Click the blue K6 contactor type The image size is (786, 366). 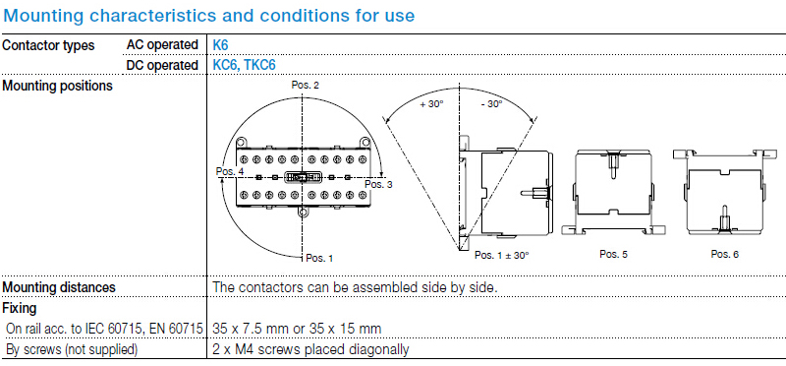click(220, 45)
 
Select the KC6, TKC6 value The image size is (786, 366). click(244, 65)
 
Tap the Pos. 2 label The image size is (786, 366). click(306, 86)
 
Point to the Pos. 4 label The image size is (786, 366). click(230, 171)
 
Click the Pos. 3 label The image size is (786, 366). click(378, 184)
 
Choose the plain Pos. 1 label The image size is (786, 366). click(319, 259)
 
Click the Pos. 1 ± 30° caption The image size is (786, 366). click(502, 255)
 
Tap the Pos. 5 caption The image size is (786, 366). click(613, 254)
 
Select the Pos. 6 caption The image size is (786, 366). click(725, 254)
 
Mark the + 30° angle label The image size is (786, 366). click(432, 104)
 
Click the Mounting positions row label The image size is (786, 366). click(58, 86)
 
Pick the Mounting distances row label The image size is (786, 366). click(59, 287)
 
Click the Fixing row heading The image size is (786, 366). click(20, 308)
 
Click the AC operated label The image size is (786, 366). click(162, 45)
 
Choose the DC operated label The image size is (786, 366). click(162, 65)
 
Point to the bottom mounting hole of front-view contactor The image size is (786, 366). click(302, 213)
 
